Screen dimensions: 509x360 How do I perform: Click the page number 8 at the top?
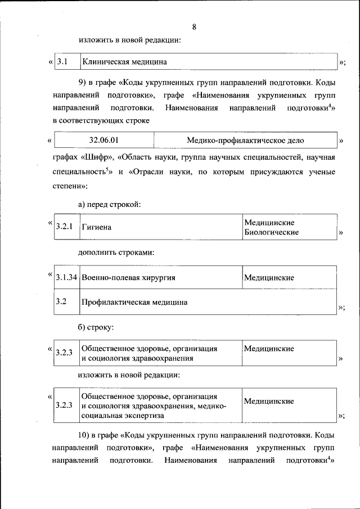(x=194, y=27)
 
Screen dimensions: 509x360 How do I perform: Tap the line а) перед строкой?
(x=109, y=204)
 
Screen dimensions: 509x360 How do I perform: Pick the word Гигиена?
(x=96, y=227)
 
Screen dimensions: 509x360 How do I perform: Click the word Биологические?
(x=271, y=232)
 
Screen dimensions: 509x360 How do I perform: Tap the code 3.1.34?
(x=66, y=278)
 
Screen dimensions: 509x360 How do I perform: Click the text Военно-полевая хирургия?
(x=128, y=278)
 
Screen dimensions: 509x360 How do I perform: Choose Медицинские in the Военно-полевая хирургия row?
(x=269, y=278)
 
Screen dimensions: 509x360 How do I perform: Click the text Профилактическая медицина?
(x=134, y=302)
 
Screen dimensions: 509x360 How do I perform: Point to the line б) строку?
(x=96, y=326)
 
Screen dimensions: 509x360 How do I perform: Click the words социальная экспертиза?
(x=123, y=415)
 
